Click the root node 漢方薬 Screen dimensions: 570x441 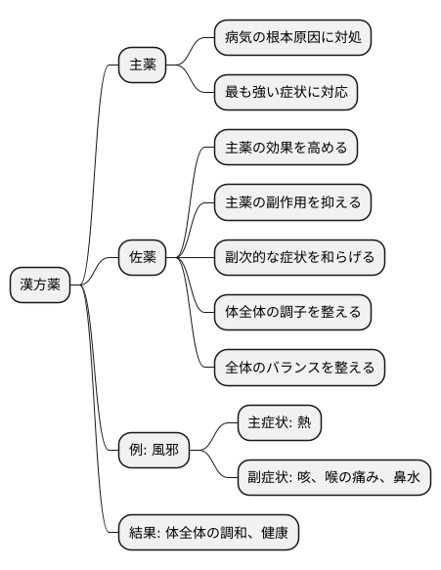click(40, 285)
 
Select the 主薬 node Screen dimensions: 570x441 click(142, 66)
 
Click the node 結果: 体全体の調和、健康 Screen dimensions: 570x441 click(206, 533)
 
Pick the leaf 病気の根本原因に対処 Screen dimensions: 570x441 click(293, 38)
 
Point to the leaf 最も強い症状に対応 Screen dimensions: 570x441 click(286, 93)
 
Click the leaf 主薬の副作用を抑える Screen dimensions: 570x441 click(293, 202)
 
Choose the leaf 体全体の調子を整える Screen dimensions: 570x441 click(293, 312)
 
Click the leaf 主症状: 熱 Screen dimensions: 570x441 click(279, 423)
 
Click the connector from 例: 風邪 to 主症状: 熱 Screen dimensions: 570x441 click(214, 437)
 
